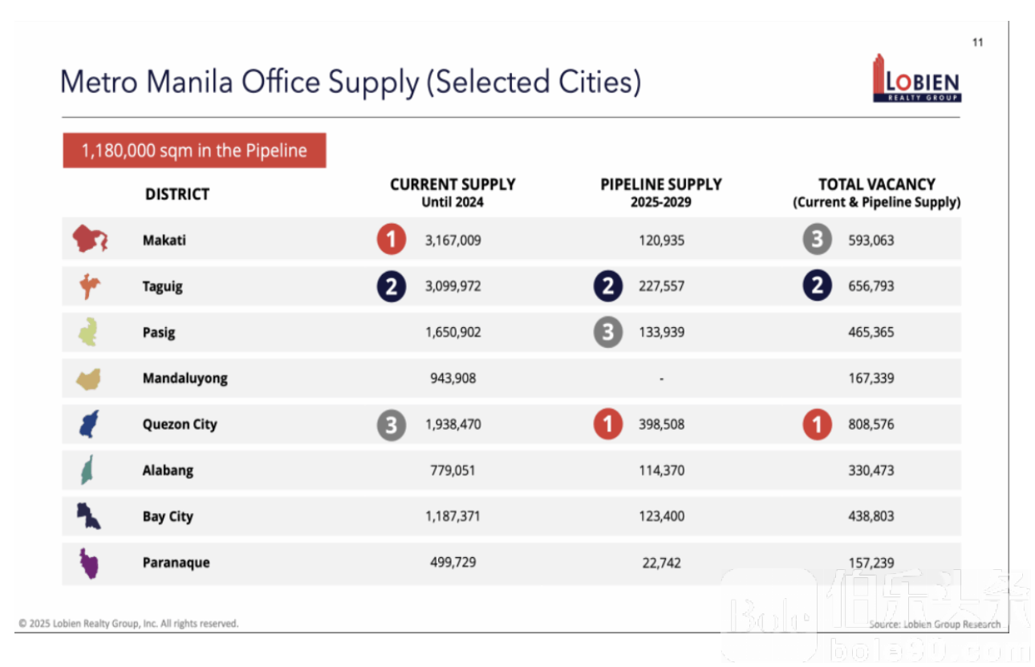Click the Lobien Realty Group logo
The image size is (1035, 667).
(917, 79)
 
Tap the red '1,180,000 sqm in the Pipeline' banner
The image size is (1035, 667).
(194, 150)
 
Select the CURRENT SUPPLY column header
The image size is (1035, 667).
(453, 192)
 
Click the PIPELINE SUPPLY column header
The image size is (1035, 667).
(661, 192)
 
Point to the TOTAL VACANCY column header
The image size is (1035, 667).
(876, 192)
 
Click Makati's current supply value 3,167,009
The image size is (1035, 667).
(453, 240)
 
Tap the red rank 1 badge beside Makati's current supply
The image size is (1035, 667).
(392, 240)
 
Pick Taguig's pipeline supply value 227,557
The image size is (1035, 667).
(661, 286)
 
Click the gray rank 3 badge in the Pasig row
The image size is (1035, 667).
(608, 332)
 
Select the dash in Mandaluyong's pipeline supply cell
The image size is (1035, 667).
(661, 378)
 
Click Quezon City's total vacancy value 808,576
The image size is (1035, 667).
(871, 424)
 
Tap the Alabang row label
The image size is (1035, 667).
(168, 471)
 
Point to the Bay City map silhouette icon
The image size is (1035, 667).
(88, 516)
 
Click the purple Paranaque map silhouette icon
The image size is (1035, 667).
(88, 563)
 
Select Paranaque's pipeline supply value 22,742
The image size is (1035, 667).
(661, 563)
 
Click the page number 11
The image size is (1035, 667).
(978, 42)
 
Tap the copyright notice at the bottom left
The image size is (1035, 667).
(128, 624)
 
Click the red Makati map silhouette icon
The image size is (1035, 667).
(90, 240)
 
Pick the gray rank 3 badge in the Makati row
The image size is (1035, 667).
(817, 240)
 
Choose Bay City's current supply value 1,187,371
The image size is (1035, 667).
(453, 516)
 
